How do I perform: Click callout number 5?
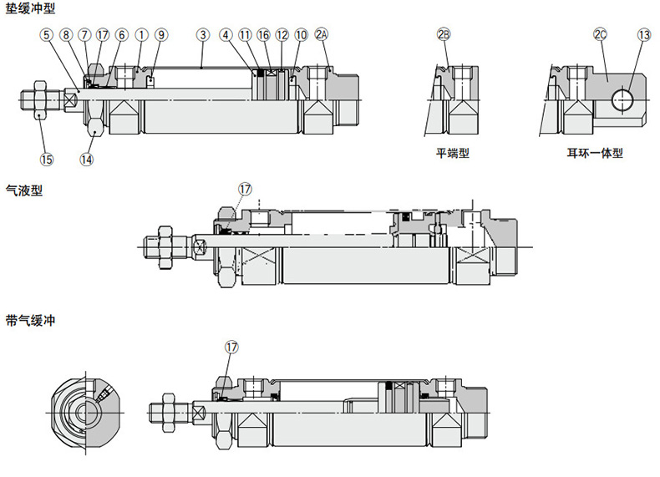point(45,35)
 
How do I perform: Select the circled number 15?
point(46,159)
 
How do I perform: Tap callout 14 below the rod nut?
point(87,159)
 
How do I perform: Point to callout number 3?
point(203,35)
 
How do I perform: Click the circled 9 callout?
point(161,35)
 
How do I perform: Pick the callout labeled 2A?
point(322,35)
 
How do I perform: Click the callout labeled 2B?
point(444,35)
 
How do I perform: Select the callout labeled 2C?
point(600,35)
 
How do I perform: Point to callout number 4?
point(226,35)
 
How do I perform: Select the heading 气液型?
point(23,190)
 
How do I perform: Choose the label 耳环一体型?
point(595,154)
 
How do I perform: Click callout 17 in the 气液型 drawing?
point(244,190)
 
